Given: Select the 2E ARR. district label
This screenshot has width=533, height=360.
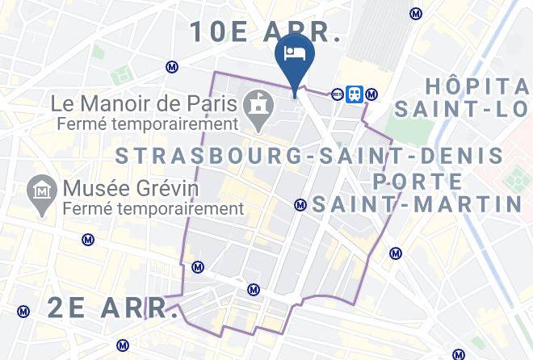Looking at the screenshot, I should tap(113, 307).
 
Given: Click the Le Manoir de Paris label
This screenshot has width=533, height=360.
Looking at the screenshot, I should tap(144, 104).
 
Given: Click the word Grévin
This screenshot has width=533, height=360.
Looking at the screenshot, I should tap(164, 189).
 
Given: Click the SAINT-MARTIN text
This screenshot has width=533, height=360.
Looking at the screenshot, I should tap(418, 204).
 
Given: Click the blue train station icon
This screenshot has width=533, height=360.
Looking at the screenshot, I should tap(354, 94).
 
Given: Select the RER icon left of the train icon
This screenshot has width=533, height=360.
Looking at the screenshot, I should tap(338, 94).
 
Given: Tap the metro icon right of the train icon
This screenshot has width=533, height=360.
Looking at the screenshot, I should tap(371, 94).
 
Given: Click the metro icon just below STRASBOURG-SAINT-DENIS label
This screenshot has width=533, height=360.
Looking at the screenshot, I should tap(300, 205).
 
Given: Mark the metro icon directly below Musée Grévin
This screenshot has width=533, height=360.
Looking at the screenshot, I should tap(87, 239).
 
